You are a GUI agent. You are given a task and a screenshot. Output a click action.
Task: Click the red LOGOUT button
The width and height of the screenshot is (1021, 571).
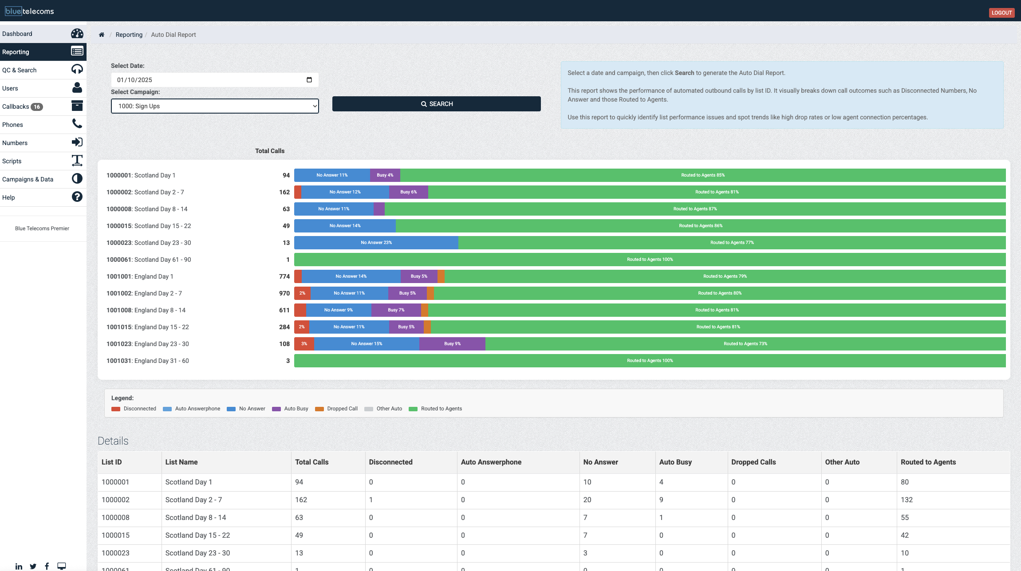1001,12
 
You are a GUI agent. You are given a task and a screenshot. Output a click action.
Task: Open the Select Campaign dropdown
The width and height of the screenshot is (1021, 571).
215,106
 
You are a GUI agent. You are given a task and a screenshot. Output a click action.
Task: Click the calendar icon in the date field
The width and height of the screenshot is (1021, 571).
309,80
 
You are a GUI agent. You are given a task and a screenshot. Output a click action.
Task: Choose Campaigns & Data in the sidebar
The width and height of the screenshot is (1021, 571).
28,179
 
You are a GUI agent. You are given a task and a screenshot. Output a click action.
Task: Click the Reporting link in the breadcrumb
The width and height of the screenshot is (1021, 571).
129,35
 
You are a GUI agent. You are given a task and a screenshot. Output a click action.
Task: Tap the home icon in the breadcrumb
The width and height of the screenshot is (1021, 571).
102,35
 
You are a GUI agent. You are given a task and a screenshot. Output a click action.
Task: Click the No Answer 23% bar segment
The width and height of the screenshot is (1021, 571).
376,243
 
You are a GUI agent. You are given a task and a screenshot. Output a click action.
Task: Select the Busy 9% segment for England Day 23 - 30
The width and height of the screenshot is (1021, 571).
452,344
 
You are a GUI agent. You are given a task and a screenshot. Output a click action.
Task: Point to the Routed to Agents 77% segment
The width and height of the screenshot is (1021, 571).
732,243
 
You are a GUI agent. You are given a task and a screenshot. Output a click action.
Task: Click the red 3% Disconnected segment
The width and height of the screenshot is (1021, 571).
304,344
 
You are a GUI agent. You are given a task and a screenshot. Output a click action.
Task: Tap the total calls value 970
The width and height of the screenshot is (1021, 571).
284,293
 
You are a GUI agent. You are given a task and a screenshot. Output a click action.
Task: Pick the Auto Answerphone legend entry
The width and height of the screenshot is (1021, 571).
197,409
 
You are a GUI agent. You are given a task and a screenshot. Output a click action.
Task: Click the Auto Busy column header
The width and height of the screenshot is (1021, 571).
675,462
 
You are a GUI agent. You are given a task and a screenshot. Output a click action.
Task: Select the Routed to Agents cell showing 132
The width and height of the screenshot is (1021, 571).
907,500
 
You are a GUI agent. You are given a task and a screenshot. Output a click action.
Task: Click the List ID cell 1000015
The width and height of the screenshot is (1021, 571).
115,535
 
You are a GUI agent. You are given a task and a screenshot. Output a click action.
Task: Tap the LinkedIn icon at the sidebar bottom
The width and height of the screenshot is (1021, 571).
19,566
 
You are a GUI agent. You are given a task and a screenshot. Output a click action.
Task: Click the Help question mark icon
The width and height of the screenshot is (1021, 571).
77,197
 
